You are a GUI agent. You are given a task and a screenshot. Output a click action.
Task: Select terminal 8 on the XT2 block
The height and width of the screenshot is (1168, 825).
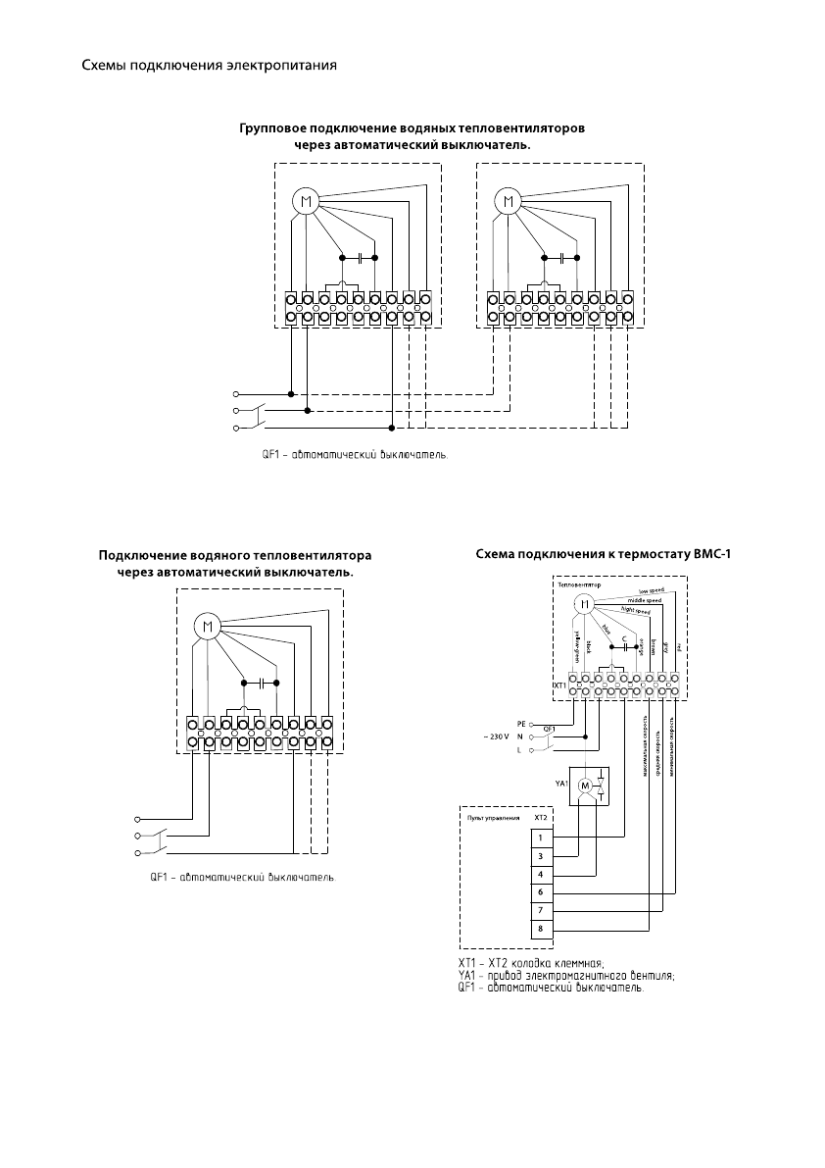click(x=540, y=928)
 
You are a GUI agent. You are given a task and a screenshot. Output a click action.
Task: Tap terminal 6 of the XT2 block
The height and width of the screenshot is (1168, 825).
click(x=540, y=891)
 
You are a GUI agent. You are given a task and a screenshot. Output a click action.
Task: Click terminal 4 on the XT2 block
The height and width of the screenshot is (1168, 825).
click(x=540, y=873)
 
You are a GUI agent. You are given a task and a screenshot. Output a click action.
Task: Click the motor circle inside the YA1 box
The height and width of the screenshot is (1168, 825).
click(x=585, y=786)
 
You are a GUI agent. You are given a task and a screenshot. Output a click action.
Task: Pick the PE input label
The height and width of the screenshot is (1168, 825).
click(x=521, y=723)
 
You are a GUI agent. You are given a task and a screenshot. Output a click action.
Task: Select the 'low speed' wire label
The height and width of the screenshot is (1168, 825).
click(x=652, y=590)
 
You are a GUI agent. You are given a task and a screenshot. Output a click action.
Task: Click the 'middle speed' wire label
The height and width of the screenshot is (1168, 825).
click(x=644, y=600)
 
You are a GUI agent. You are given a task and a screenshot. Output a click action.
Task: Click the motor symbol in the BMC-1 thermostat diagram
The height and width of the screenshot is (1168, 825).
click(x=583, y=605)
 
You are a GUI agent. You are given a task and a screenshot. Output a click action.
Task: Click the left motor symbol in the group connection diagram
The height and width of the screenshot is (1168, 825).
click(x=306, y=202)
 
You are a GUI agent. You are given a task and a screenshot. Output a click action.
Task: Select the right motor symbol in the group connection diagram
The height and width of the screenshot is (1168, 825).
click(x=508, y=202)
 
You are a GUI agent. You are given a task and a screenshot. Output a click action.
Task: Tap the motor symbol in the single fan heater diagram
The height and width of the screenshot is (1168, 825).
click(x=207, y=626)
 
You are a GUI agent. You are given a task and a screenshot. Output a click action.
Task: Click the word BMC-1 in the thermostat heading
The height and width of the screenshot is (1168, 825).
click(x=712, y=554)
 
